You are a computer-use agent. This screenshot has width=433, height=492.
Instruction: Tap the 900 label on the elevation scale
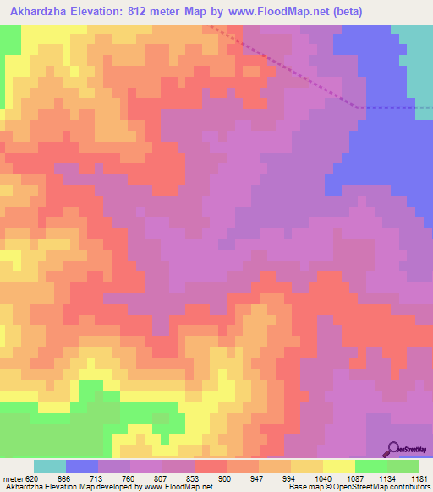226,478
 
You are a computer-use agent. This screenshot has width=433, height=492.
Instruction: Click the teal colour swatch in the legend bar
50,466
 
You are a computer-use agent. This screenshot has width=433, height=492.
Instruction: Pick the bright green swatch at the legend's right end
403,466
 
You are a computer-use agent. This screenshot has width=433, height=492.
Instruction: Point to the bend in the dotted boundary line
359,107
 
